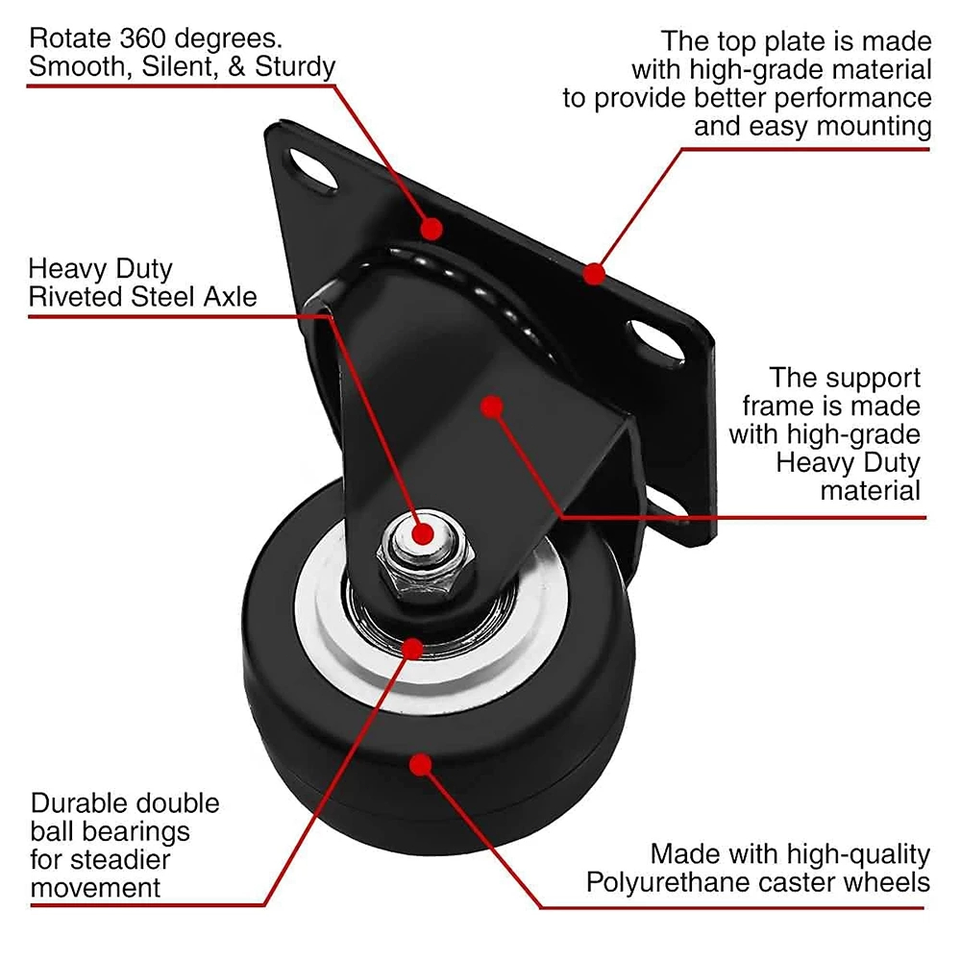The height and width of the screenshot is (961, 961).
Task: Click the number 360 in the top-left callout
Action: click(142, 38)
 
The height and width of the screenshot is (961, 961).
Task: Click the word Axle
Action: click(230, 297)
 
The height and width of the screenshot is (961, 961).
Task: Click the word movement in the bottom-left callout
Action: click(95, 888)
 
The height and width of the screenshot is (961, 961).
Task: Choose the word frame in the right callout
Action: click(775, 407)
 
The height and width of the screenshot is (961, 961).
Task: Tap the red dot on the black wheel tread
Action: click(421, 764)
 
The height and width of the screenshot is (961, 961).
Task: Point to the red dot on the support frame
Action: click(492, 407)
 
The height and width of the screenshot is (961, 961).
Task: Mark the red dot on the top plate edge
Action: click(594, 274)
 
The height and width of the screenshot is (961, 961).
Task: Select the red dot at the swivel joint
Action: click(431, 230)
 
